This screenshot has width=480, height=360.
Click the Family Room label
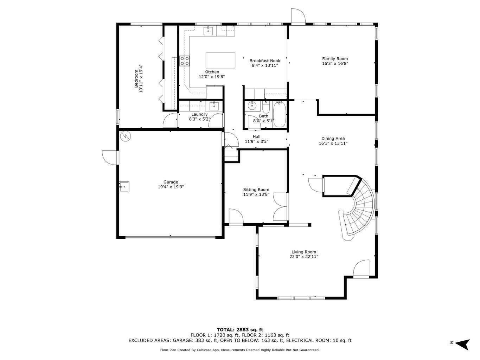pos(335,59)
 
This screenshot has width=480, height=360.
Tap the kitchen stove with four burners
pos(185,61)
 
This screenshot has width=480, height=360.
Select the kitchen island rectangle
pos(220,60)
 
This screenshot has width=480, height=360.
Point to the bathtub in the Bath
pos(280,114)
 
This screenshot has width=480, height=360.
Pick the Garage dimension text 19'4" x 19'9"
pos(171,187)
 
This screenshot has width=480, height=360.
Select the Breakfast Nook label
pos(264,60)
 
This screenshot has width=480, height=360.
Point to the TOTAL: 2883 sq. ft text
pos(240,330)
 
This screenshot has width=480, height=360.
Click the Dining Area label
pos(333,139)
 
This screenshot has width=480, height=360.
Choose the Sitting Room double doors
pos(281,207)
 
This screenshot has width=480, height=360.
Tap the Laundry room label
pos(199,114)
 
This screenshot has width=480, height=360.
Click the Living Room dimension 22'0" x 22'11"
pos(303,257)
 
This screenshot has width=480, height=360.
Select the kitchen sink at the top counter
pos(209,31)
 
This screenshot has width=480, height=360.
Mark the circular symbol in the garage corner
pos(124,136)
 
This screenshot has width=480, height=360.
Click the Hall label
pos(256,137)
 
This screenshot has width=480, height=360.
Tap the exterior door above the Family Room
pos(297,17)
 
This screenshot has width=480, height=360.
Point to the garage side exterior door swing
pos(110,157)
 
